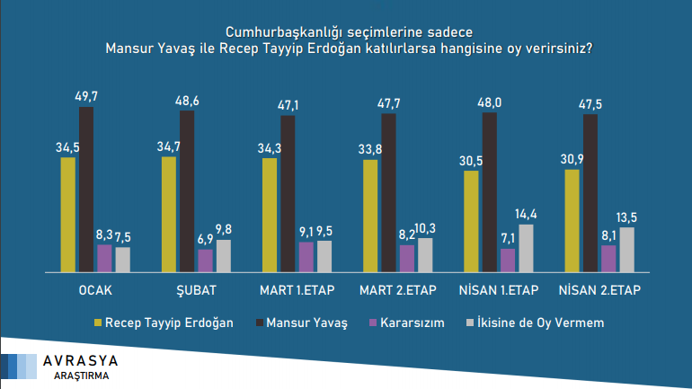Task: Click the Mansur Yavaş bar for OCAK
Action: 85,189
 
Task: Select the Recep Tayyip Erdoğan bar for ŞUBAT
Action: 168,214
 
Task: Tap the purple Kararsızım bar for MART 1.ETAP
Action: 306,256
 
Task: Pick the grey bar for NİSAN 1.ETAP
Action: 527,247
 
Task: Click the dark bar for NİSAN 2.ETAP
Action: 590,192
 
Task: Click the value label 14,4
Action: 527,214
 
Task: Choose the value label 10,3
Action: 426,227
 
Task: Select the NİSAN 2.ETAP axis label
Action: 599,290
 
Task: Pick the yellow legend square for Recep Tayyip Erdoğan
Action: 98,322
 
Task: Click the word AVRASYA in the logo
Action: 81,360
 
